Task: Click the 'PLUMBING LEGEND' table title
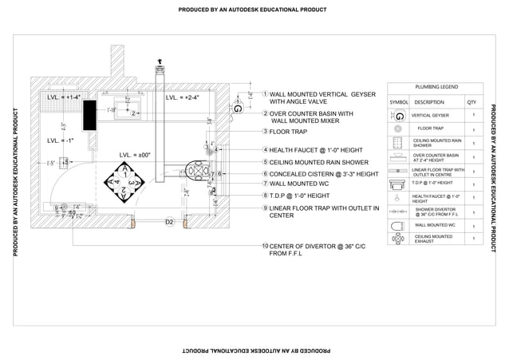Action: pyautogui.click(x=436, y=87)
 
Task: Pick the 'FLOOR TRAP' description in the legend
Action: pyautogui.click(x=431, y=129)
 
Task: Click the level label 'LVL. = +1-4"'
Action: pyautogui.click(x=63, y=97)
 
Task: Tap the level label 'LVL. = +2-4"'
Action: pyautogui.click(x=183, y=98)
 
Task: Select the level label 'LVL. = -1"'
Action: pyautogui.click(x=61, y=140)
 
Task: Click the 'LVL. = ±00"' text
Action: pyautogui.click(x=135, y=155)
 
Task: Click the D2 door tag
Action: pyautogui.click(x=169, y=221)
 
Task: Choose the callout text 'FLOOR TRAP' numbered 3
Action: pyautogui.click(x=288, y=132)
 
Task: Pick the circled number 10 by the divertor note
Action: pyautogui.click(x=265, y=246)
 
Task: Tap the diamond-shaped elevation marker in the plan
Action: pyautogui.click(x=124, y=182)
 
